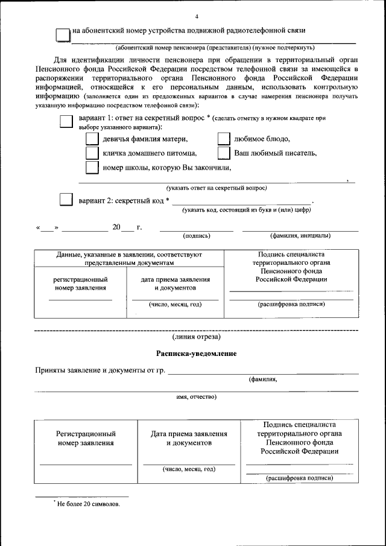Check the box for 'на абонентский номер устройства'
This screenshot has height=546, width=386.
63,34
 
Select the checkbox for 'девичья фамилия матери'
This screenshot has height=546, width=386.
92,139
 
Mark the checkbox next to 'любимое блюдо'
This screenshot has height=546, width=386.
224,139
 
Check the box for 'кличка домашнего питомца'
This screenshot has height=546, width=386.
92,153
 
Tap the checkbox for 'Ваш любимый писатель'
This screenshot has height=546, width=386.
224,153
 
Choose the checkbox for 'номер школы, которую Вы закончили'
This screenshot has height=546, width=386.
92,167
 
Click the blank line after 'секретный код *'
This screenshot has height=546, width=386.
241,202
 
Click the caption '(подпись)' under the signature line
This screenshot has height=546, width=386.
196,235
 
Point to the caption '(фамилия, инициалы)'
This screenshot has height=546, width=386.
300,235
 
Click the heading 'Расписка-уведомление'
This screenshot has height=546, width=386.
196,353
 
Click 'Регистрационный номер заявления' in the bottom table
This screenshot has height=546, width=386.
86,438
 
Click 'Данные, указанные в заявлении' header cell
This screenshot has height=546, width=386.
129,259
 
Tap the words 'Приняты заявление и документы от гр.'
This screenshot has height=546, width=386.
100,370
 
